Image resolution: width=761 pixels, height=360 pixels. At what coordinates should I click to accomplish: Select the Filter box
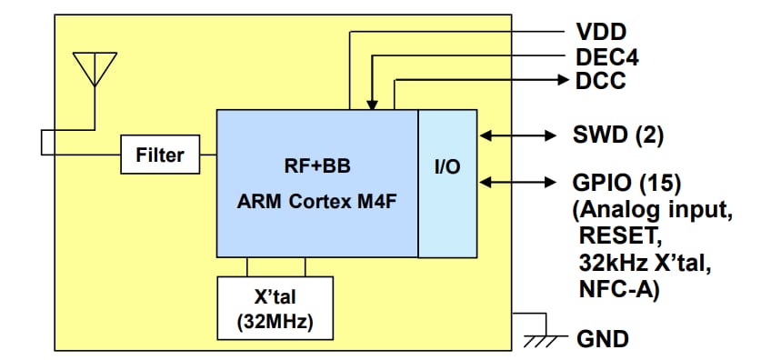pos(159,155)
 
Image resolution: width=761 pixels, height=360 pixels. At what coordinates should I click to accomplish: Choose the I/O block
pos(447,183)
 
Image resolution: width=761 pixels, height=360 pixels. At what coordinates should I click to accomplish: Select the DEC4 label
pos(606,57)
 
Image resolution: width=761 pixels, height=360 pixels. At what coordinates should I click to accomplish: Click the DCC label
pos(600,81)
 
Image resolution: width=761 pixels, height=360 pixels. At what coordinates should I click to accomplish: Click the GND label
pos(603,340)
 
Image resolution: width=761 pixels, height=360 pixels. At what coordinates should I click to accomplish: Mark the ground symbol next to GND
pos(540,338)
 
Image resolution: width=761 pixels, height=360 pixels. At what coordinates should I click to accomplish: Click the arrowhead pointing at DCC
pos(562,81)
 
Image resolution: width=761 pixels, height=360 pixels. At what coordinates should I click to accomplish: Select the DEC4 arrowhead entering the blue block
pos(371,105)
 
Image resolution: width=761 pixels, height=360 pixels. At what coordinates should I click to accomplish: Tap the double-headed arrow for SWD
pos(517,135)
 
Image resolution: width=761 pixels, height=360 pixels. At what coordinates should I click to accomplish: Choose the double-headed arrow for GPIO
pos(517,183)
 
